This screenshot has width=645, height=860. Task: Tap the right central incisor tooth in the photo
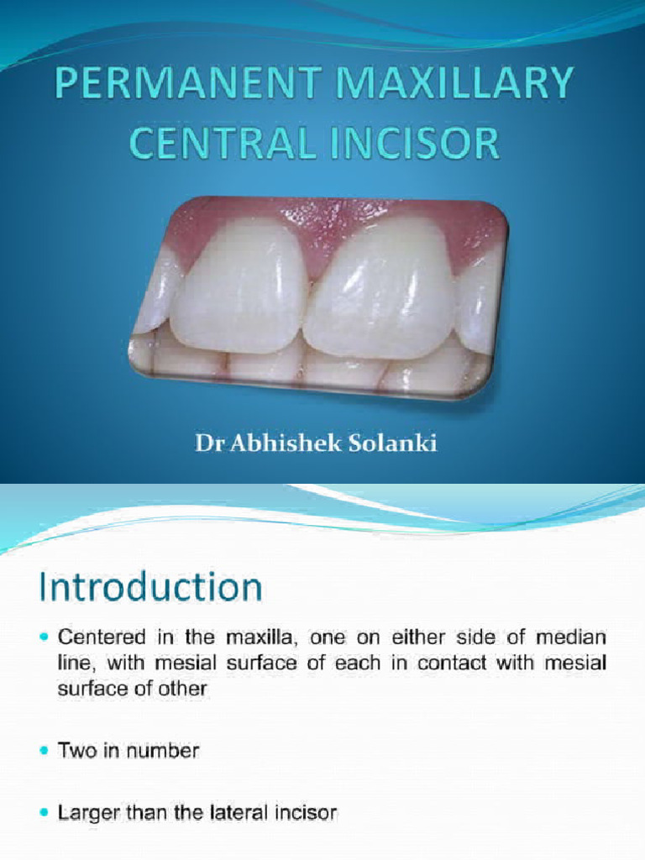[382, 290]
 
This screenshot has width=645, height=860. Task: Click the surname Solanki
[394, 444]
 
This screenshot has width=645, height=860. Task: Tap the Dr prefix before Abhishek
[206, 444]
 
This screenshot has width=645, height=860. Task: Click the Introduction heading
[152, 586]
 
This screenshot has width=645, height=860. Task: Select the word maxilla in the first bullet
[255, 638]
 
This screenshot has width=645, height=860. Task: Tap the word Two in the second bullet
[76, 751]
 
